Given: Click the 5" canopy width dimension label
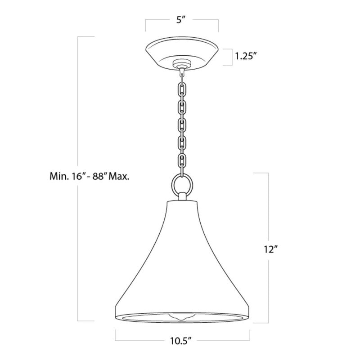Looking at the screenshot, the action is (x=181, y=20).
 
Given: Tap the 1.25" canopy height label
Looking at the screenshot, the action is (x=246, y=56).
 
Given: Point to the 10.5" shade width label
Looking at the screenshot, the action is (x=181, y=341).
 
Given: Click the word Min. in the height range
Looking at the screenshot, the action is (x=58, y=176).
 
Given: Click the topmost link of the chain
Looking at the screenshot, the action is (x=182, y=76).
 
